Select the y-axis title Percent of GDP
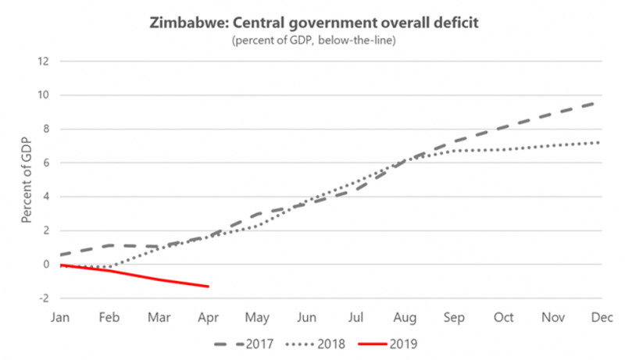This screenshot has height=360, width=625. click(x=27, y=180)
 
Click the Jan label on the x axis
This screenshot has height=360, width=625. click(x=62, y=317)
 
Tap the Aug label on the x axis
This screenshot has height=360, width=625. click(x=404, y=317)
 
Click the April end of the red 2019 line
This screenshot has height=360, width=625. click(x=209, y=287)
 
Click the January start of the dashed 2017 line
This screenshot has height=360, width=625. click(x=62, y=255)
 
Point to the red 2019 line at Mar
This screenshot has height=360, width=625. click(x=159, y=280)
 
